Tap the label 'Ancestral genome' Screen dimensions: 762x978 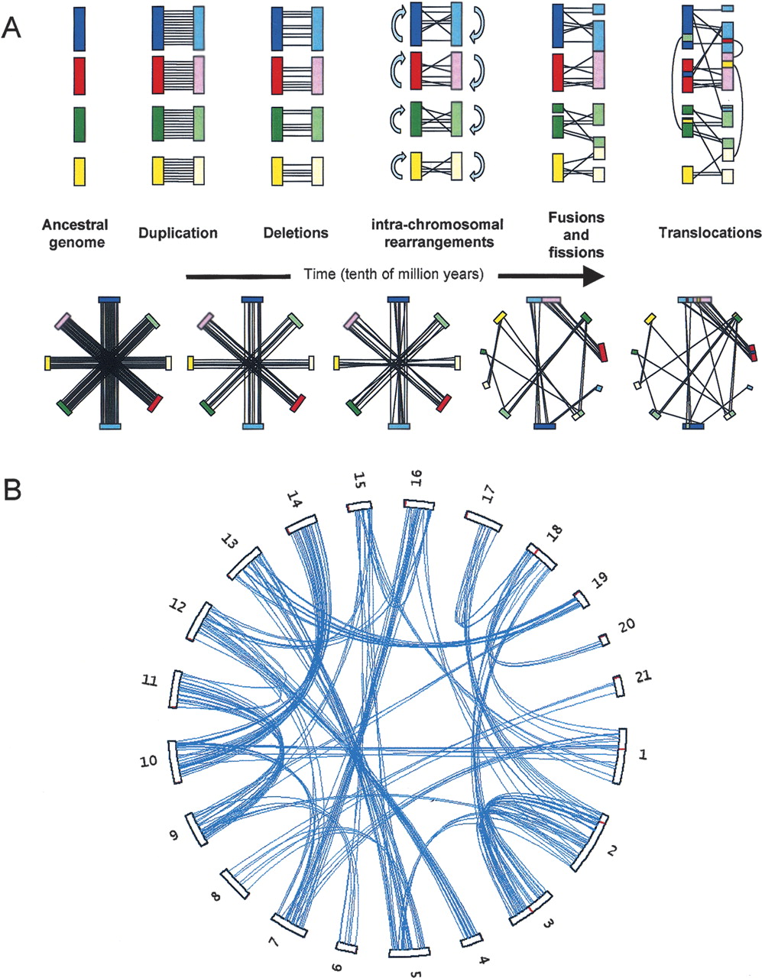(x=75, y=233)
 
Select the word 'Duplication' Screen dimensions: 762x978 (x=178, y=233)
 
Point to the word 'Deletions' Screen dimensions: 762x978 (x=296, y=233)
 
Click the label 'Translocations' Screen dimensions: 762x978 (x=710, y=233)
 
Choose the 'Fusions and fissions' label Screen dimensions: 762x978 (x=576, y=235)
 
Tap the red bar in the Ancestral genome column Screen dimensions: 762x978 (x=79, y=76)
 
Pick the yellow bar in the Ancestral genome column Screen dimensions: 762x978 (x=79, y=171)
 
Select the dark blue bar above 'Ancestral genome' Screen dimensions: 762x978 (x=79, y=29)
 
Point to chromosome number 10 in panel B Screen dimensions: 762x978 (x=148, y=761)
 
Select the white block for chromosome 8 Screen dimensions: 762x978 (x=235, y=884)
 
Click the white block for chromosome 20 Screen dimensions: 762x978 (x=604, y=640)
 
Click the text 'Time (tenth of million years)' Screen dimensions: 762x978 (x=394, y=274)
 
